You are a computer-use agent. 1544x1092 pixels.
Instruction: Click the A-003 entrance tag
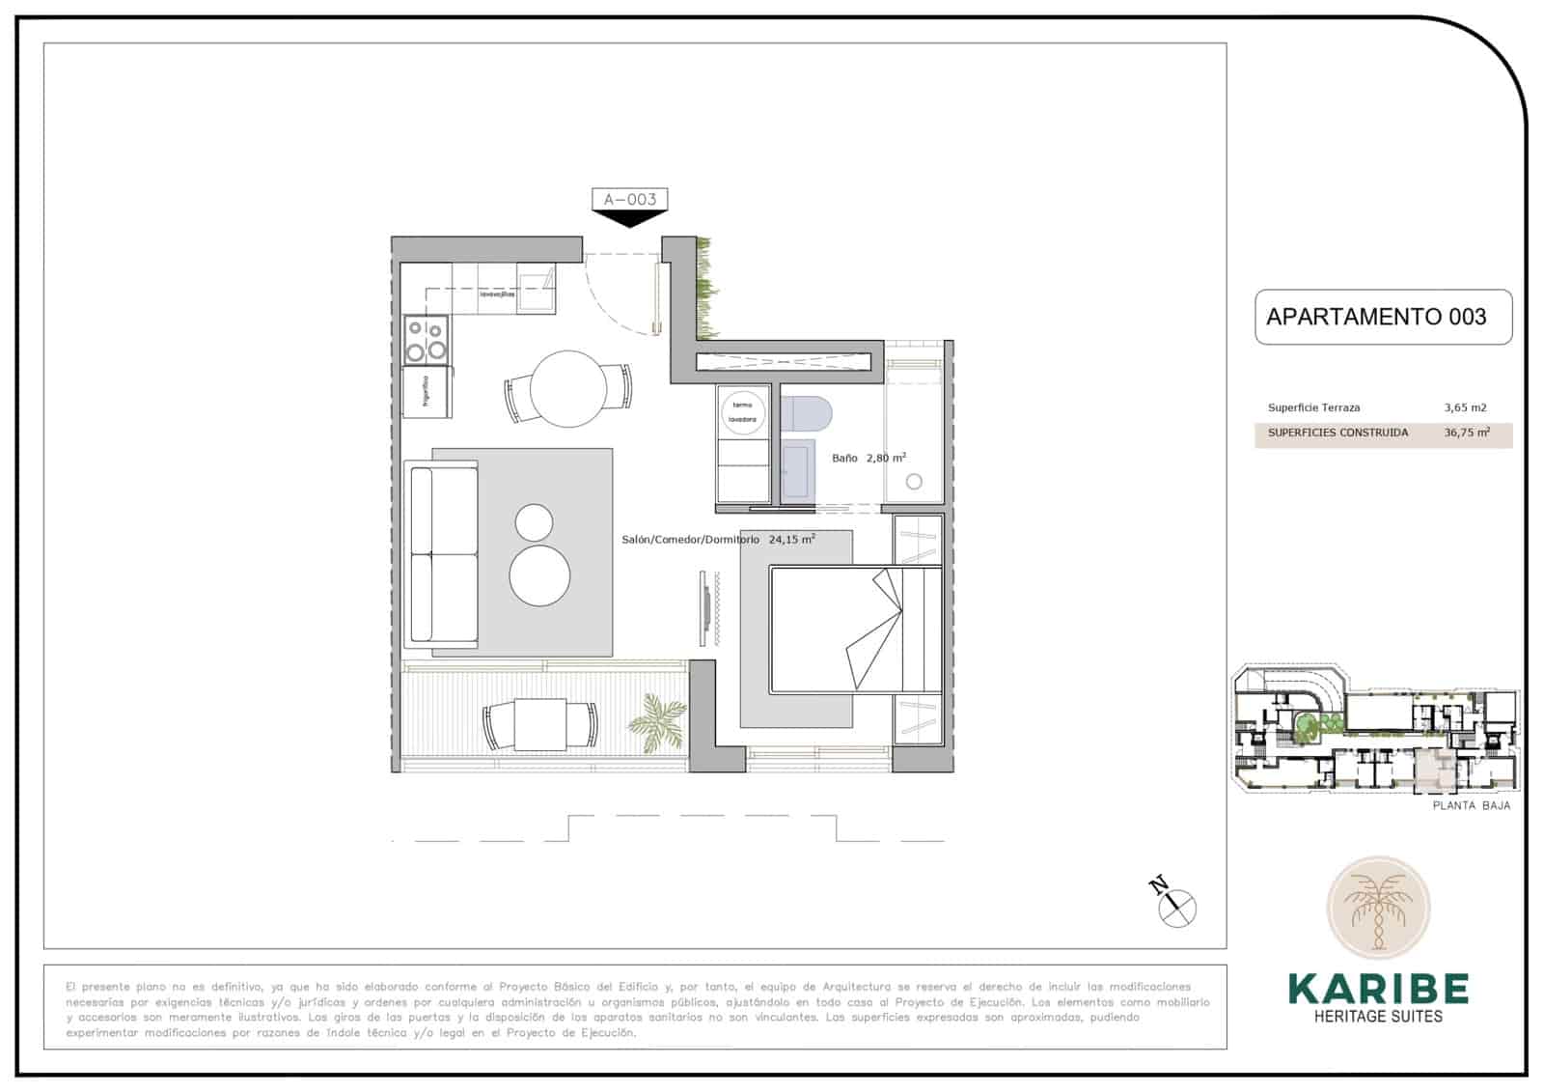coord(629,200)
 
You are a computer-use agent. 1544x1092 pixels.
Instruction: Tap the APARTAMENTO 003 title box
coord(1382,317)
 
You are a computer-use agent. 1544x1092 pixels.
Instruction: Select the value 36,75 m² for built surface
coord(1466,434)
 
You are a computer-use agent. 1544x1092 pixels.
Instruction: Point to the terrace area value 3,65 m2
coord(1465,407)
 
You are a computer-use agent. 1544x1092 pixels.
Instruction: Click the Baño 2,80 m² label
coord(868,458)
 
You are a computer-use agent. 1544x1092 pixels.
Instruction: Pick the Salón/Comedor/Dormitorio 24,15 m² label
coord(718,540)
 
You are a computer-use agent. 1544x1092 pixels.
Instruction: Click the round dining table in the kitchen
coord(568,388)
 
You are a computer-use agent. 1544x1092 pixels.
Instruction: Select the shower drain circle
coord(914,481)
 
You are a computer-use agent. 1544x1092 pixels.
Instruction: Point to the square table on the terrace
coord(539,724)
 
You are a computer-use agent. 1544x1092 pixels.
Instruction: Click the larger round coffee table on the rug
coord(539,575)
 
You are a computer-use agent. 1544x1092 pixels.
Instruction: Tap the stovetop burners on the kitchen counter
coord(426,340)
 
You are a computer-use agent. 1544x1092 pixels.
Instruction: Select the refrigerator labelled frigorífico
coord(427,392)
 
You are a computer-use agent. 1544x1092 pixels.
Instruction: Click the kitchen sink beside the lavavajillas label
coord(536,288)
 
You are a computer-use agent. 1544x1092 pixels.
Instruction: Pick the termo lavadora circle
coord(742,413)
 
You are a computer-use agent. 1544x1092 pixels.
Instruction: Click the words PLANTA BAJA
coord(1471,805)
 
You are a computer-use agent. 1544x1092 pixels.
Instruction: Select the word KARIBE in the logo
coord(1378,989)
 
